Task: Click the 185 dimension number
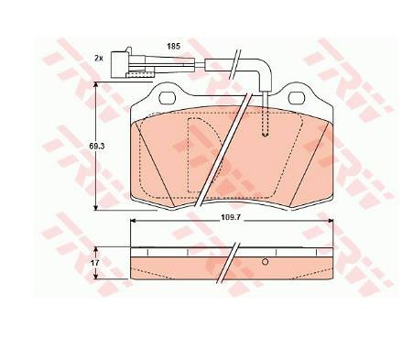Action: pos(173,47)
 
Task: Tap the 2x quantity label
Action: pos(98,58)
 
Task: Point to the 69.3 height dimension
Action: pos(97,146)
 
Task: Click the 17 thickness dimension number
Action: pos(95,263)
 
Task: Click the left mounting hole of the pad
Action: pos(168,97)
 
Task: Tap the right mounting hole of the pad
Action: pos(297,97)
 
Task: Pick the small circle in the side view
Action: pos(265,262)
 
